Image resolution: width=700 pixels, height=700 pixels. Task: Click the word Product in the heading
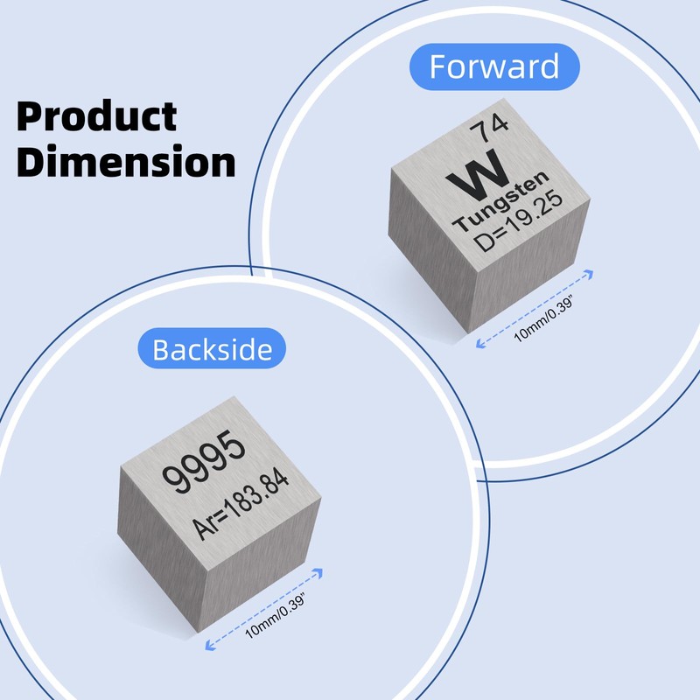[96, 115]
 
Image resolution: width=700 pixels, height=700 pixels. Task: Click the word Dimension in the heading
[126, 163]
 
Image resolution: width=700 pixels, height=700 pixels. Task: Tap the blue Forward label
[494, 66]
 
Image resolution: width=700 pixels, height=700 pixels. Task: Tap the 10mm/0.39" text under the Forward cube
[547, 320]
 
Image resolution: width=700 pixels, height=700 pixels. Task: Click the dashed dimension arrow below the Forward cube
[535, 309]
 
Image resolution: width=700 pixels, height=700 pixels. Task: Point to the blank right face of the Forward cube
[525, 280]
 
